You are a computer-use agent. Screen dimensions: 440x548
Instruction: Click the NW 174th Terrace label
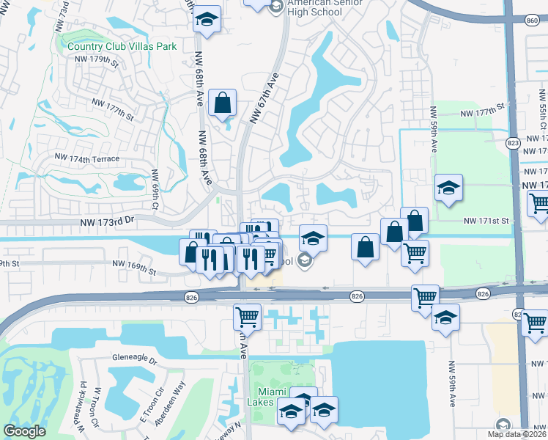click(x=86, y=158)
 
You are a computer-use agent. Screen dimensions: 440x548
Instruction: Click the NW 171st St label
click(x=486, y=220)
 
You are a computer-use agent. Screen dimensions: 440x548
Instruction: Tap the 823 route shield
click(x=513, y=143)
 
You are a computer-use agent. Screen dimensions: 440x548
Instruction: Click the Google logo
click(x=24, y=430)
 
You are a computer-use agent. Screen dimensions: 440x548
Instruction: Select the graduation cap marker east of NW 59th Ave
click(x=448, y=188)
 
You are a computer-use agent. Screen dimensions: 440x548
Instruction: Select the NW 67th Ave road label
click(x=264, y=98)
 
